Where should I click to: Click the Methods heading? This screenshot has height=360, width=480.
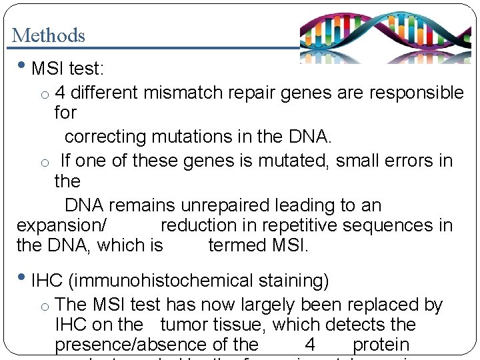tap(49, 35)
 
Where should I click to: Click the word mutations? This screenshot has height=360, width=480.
tap(196, 137)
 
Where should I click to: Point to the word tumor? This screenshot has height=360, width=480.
tap(185, 325)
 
